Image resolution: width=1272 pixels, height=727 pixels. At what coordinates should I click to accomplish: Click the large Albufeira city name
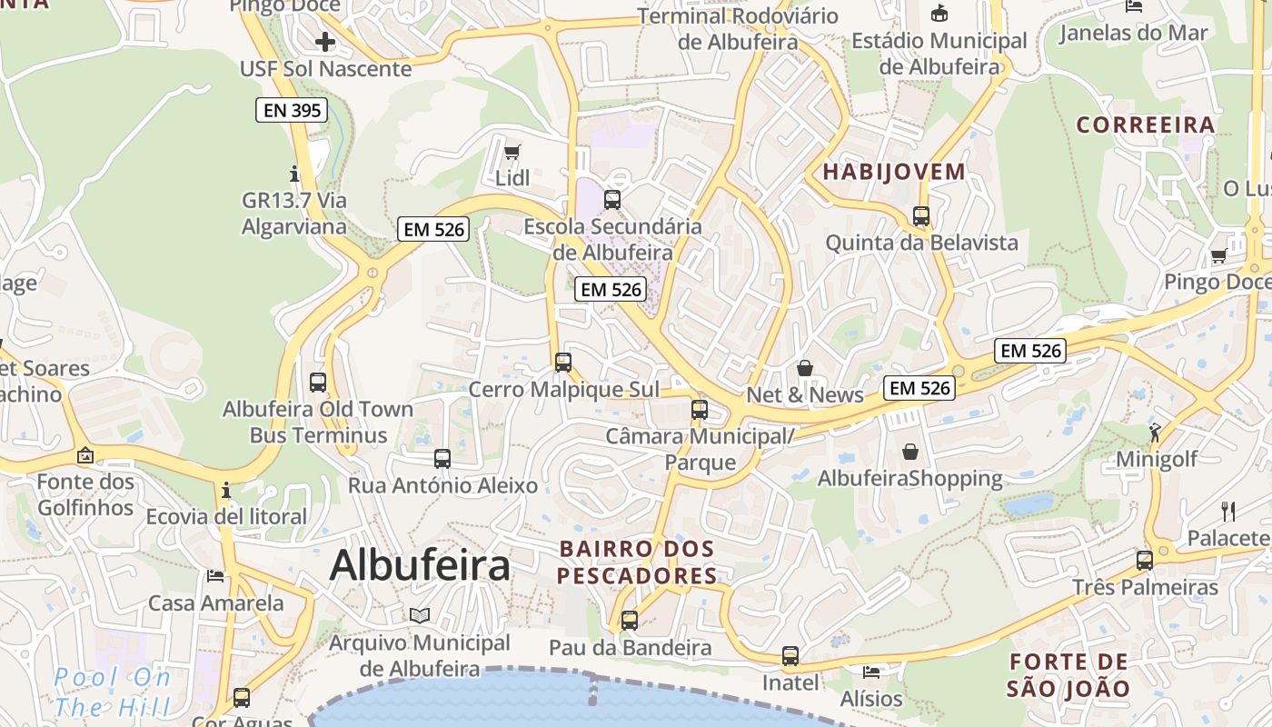pos(420,565)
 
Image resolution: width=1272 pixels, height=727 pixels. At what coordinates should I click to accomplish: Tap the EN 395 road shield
pos(290,111)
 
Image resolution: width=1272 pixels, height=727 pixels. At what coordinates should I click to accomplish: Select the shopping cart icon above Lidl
pos(512,152)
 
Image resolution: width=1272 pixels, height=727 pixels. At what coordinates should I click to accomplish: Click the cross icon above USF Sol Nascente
pos(325,41)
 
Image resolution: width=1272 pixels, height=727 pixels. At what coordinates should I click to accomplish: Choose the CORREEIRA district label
pos(1146,124)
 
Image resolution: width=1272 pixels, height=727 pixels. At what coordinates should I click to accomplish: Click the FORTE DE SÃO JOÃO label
pos(1068,674)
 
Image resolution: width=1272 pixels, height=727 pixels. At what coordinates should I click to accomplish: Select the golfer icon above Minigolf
pos(1155,433)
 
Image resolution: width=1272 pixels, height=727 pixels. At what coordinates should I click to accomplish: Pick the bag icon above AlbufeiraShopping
pos(909,451)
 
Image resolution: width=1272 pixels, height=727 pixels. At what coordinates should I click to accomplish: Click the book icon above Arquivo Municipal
pos(419,615)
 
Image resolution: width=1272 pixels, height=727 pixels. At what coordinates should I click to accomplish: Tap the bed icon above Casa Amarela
pos(215,575)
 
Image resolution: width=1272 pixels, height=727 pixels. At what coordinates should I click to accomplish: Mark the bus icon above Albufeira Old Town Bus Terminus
pos(318,382)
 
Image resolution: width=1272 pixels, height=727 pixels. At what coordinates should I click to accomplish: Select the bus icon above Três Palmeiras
pos(1145,560)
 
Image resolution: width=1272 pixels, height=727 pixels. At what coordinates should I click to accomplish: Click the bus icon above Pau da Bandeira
pos(629,621)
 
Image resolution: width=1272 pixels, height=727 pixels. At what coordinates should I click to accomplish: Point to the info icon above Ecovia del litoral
pos(226,491)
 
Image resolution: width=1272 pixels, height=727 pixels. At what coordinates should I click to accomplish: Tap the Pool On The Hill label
pos(113,692)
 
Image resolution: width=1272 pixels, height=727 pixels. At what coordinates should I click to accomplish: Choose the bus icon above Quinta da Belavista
pos(921,216)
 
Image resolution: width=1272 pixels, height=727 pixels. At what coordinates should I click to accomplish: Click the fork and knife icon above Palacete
pos(1228,511)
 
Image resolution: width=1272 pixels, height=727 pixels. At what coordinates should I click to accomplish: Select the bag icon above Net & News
pos(804,368)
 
